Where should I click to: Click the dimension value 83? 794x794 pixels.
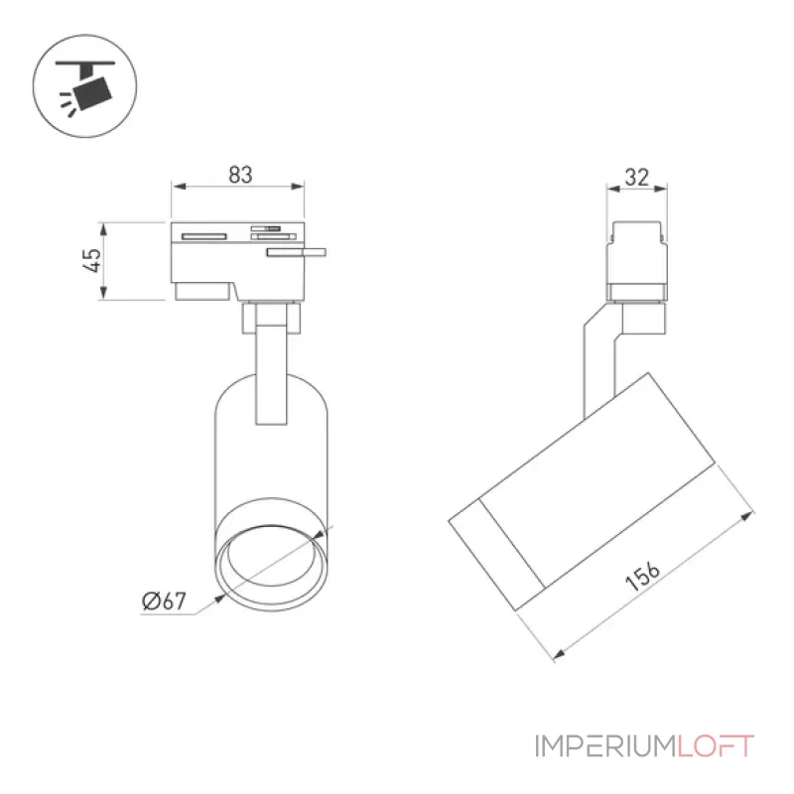[x=240, y=175]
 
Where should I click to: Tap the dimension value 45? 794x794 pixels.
[x=92, y=260]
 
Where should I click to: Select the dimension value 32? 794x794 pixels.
[x=636, y=178]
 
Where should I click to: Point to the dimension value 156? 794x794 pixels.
[x=642, y=576]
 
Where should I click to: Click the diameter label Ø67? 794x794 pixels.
[x=164, y=600]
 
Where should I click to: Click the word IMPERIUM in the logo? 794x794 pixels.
[x=605, y=746]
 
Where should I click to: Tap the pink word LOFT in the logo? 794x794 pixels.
[x=716, y=746]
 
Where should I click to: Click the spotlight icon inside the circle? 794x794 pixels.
[x=86, y=86]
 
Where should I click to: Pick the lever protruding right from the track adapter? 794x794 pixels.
[x=297, y=252]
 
